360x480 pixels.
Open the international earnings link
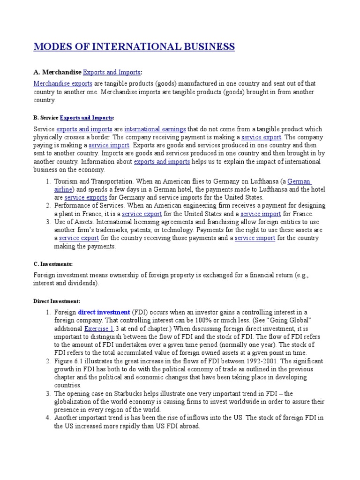(155, 129)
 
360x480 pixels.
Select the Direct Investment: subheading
(57, 300)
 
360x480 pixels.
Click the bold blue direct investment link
(104, 312)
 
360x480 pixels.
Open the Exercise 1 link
(99, 329)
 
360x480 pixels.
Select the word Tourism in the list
(68, 181)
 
